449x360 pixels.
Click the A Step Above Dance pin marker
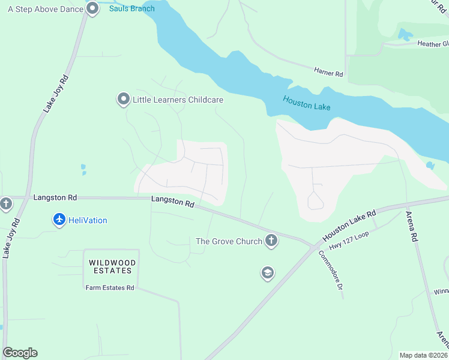(x=92, y=8)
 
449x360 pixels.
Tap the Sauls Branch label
(x=131, y=8)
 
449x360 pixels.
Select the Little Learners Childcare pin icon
(x=124, y=99)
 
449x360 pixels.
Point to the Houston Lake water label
(x=307, y=104)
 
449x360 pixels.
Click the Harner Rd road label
(x=328, y=72)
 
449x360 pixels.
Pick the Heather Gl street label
(x=433, y=44)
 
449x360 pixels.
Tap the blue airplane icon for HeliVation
(x=59, y=220)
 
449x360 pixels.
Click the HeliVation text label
(x=88, y=220)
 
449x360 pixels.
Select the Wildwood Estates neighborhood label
(x=112, y=267)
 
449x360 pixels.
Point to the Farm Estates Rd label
(x=110, y=287)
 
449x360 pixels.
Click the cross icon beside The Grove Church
(x=271, y=241)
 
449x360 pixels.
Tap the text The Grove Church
(x=229, y=241)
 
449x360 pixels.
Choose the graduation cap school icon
(x=267, y=274)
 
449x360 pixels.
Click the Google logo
(x=20, y=353)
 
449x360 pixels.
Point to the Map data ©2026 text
(x=423, y=355)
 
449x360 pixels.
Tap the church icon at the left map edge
(x=6, y=203)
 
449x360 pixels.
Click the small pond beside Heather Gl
(x=406, y=35)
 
